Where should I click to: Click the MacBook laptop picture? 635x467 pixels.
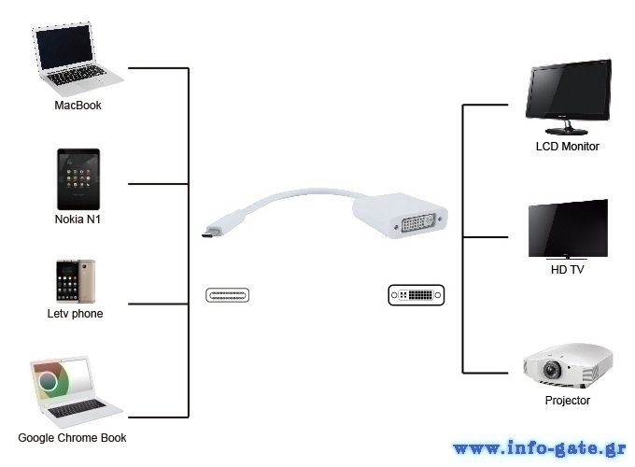tap(78, 59)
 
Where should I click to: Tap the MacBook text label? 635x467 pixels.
tap(78, 106)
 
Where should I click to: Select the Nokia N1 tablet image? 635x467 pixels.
tap(78, 179)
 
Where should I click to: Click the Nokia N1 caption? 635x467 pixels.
tap(78, 219)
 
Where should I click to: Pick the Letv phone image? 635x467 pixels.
tap(76, 281)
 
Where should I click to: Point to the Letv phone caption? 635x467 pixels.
tap(75, 314)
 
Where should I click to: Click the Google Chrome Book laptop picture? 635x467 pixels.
tap(76, 392)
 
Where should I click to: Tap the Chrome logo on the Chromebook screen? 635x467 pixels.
tap(49, 381)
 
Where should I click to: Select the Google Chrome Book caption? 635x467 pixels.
tap(72, 438)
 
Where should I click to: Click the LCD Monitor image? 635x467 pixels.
tap(568, 97)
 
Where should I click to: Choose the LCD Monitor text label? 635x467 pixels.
tap(568, 147)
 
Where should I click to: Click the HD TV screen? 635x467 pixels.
tap(568, 229)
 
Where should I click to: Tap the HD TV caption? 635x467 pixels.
tap(568, 270)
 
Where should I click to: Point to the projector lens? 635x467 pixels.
tap(552, 369)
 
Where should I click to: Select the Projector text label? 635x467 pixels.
tap(568, 400)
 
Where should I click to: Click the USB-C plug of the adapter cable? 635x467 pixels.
tap(212, 232)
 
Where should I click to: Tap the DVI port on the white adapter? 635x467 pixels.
tap(418, 222)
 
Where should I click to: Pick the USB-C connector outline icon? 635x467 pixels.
tap(227, 295)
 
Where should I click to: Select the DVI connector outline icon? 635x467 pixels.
tap(416, 295)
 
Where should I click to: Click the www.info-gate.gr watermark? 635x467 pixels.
tap(540, 448)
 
